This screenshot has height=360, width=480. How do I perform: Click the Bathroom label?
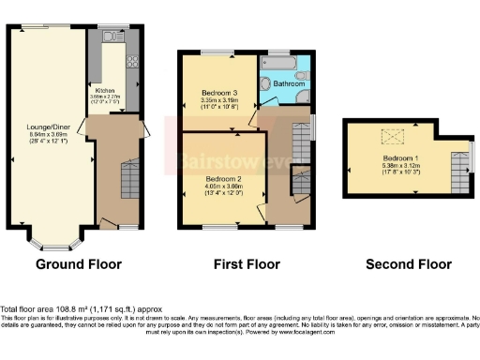[x=288, y=84]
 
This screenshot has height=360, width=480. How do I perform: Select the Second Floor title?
[x=409, y=265]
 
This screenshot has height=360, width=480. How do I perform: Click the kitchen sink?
[x=111, y=37]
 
